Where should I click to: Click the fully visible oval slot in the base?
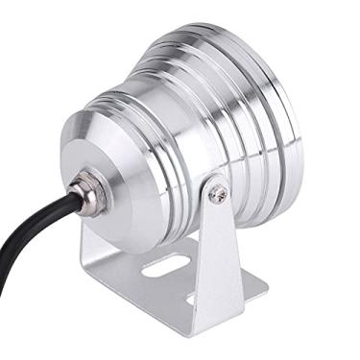(163, 265)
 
